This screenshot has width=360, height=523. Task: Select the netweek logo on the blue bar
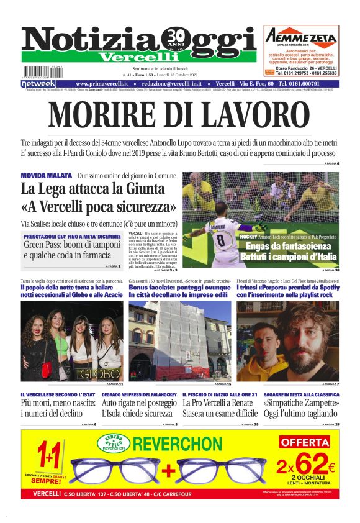coord(38,84)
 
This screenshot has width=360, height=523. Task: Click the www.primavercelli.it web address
coord(102,84)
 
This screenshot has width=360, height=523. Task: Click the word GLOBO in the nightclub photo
coord(99,374)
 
